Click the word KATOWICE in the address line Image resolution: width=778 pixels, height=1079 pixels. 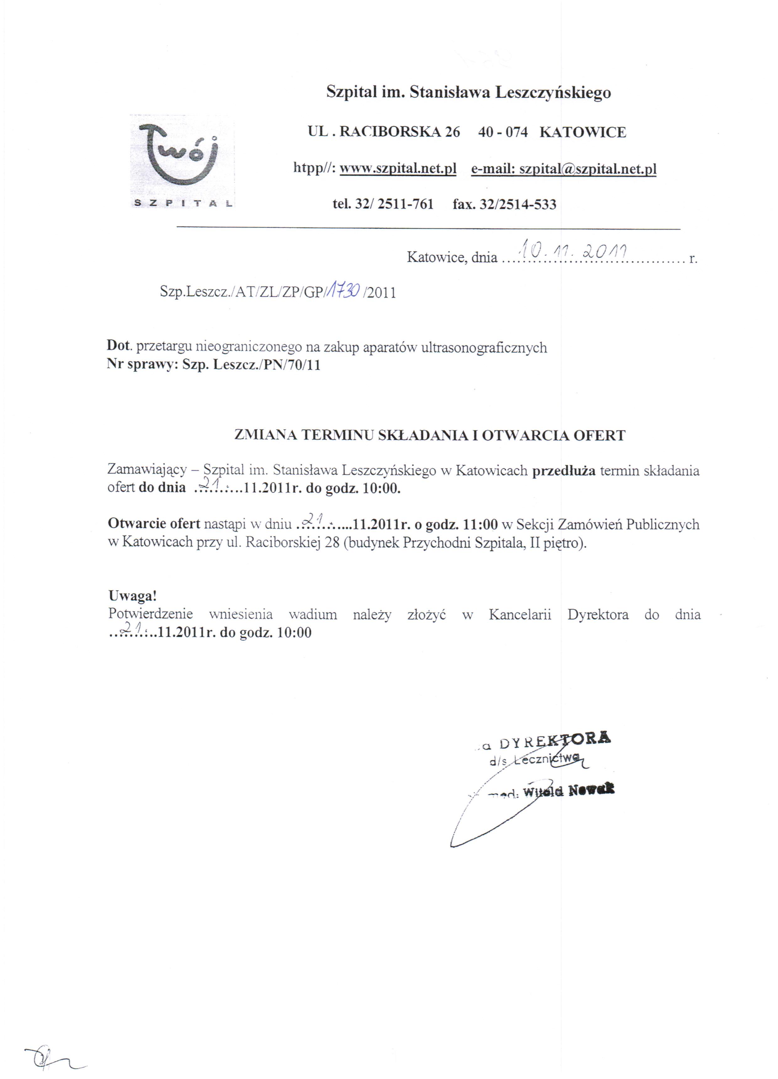pyautogui.click(x=583, y=132)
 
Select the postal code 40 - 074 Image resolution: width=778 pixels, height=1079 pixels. pyautogui.click(x=503, y=132)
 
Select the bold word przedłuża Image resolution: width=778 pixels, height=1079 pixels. pyautogui.click(x=563, y=471)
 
